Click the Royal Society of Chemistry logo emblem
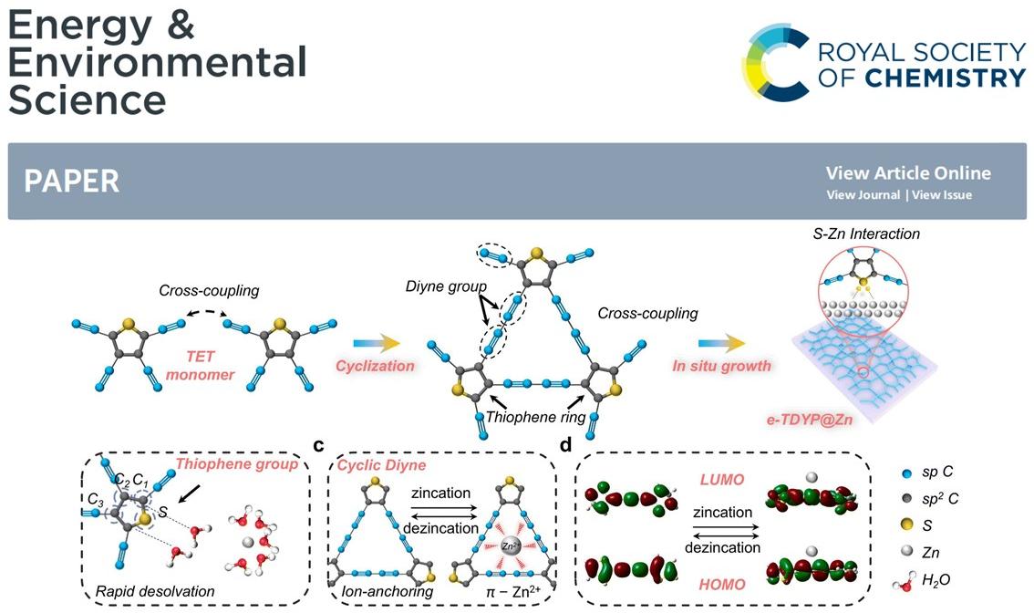click(x=776, y=62)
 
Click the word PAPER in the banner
click(x=72, y=181)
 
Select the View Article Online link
click(x=907, y=173)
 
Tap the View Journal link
click(x=863, y=194)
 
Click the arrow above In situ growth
click(x=721, y=342)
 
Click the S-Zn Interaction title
click(x=865, y=234)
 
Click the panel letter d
click(x=566, y=446)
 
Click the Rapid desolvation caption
click(x=155, y=591)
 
